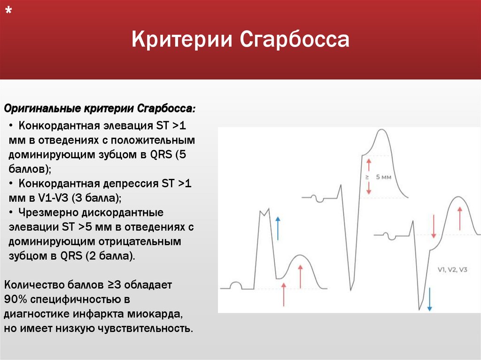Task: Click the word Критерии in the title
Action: (x=183, y=39)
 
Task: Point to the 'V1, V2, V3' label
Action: (x=452, y=269)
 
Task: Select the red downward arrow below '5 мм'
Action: (x=369, y=188)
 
